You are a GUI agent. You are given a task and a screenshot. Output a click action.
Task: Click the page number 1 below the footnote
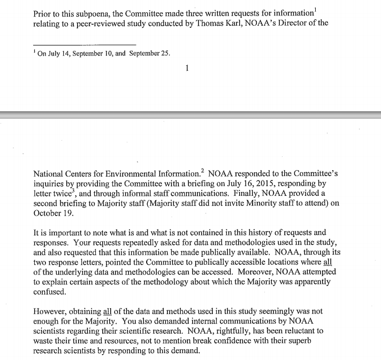(187, 68)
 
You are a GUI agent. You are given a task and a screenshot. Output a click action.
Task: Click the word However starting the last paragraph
(51, 311)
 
